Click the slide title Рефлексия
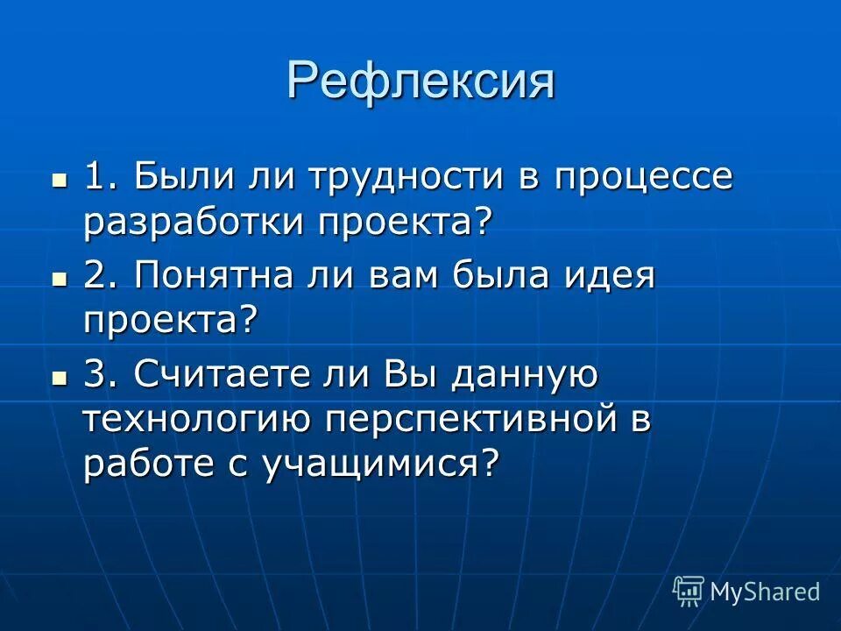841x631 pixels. (420, 82)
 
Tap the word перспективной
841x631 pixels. (469, 422)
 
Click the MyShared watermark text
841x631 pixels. (764, 592)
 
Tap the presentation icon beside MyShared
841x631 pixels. (689, 592)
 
